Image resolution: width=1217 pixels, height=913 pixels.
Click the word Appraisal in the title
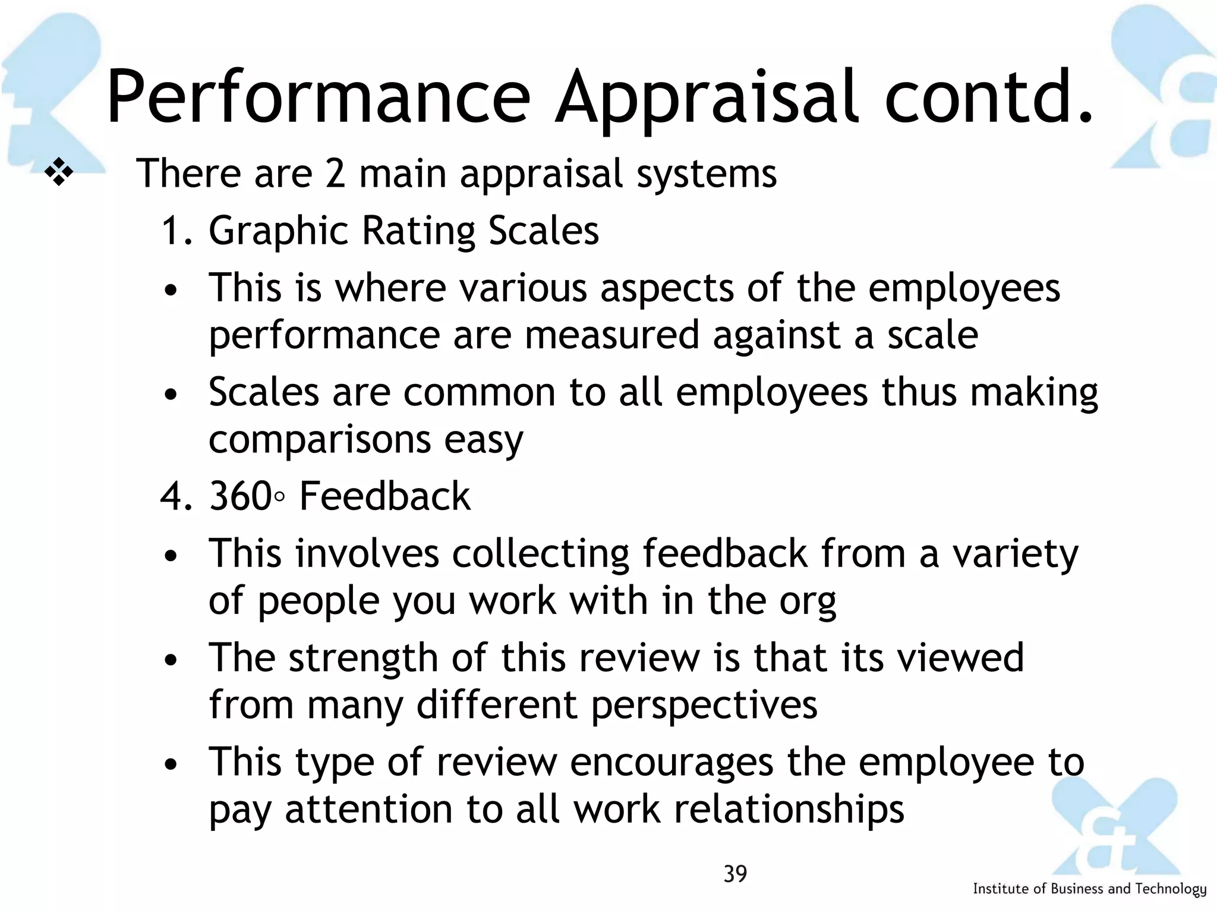click(x=707, y=98)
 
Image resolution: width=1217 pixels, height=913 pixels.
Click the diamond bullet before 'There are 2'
click(x=59, y=173)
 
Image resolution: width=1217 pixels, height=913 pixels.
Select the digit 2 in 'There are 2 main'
click(x=335, y=174)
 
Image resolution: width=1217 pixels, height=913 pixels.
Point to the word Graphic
click(x=279, y=232)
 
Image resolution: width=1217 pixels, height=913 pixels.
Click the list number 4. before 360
click(x=176, y=496)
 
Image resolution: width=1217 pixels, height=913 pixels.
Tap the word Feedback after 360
click(x=384, y=496)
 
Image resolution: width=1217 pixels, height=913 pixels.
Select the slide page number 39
click(x=735, y=874)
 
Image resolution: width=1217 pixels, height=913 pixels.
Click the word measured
click(x=611, y=335)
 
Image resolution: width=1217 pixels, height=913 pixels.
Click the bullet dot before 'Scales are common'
click(x=171, y=395)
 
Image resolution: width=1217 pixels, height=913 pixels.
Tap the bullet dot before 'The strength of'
click(x=171, y=660)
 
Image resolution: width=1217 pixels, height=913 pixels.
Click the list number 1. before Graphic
click(x=176, y=231)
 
